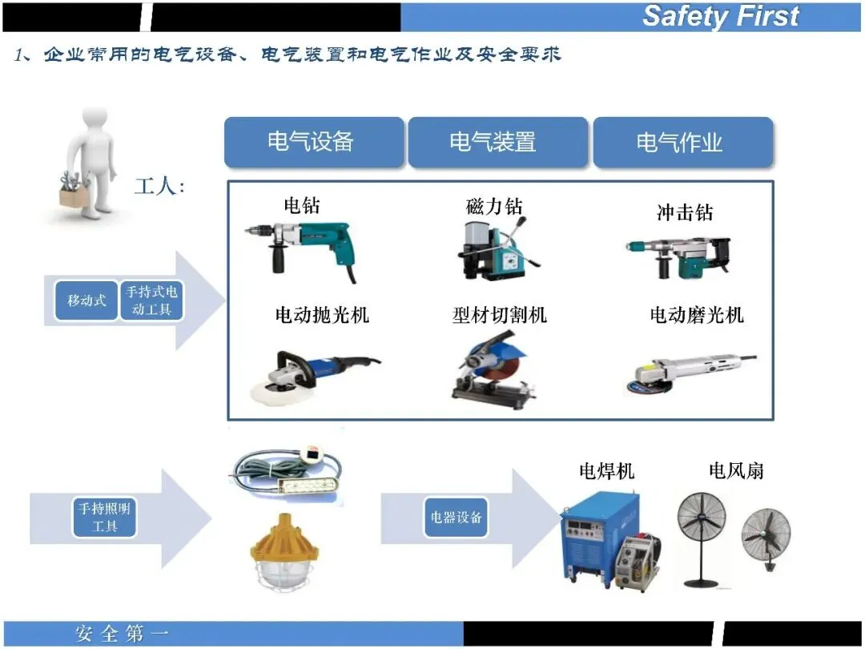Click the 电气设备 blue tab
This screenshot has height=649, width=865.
point(314,142)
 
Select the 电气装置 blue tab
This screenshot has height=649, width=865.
point(497,142)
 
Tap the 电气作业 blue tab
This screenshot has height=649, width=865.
point(682,142)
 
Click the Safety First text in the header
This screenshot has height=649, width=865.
point(721,15)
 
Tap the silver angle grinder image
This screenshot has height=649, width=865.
point(690,373)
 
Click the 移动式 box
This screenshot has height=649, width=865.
point(86,300)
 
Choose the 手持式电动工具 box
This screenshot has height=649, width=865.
point(151,300)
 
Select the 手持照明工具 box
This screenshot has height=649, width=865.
point(104,517)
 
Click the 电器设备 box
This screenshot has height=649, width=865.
point(456,517)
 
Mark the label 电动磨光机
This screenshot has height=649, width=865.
point(697,315)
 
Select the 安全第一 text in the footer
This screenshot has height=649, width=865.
point(122,634)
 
